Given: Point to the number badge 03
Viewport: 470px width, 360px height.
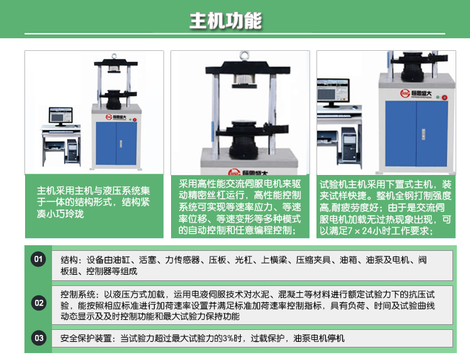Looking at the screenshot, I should point(39,339).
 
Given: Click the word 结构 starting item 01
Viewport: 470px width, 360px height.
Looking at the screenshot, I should point(70,260).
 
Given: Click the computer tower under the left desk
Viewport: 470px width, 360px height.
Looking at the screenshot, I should point(72,149).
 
